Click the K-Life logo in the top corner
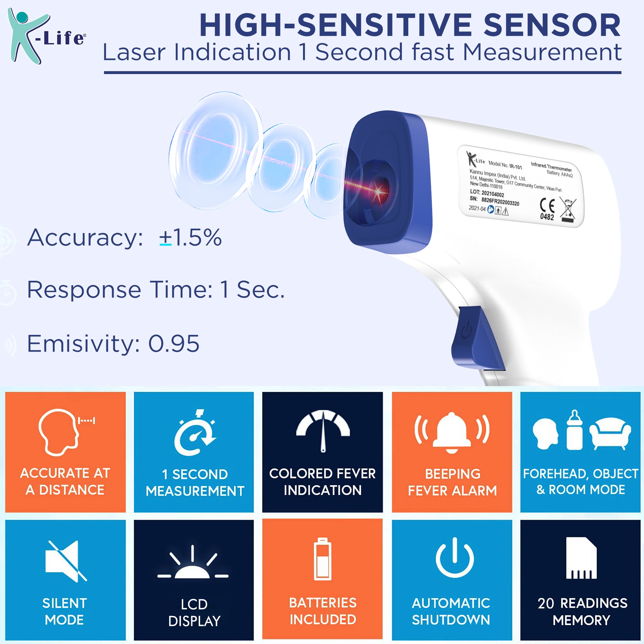pyautogui.click(x=46, y=36)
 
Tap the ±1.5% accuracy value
pyautogui.click(x=190, y=238)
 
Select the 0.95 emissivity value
pyautogui.click(x=174, y=343)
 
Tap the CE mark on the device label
pyautogui.click(x=547, y=205)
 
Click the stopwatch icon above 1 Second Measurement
pyautogui.click(x=195, y=432)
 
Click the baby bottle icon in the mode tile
pyautogui.click(x=574, y=430)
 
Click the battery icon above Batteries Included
pyautogui.click(x=323, y=559)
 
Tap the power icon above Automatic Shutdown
pyautogui.click(x=455, y=557)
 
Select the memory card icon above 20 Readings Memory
pyautogui.click(x=581, y=558)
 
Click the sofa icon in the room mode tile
pyautogui.click(x=610, y=433)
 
